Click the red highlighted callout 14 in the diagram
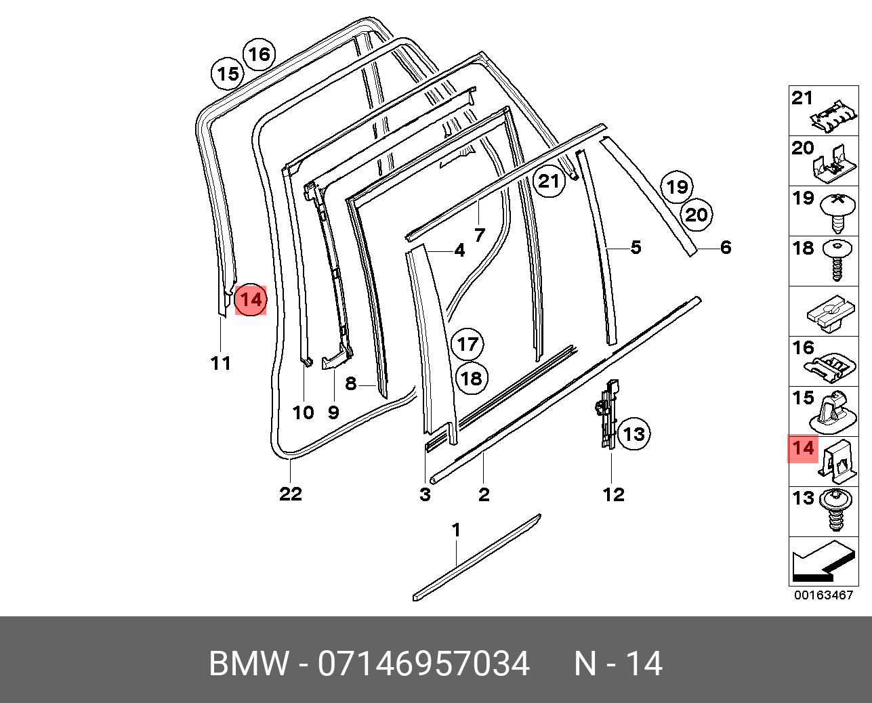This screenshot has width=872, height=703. click(x=251, y=299)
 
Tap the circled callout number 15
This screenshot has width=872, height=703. click(x=228, y=73)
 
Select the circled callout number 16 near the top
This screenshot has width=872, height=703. click(x=259, y=54)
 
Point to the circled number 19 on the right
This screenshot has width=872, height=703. click(x=677, y=186)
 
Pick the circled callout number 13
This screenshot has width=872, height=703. click(x=634, y=433)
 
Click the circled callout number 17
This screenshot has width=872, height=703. click(x=468, y=344)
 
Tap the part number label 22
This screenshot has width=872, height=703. click(x=290, y=494)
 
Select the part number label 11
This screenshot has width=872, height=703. click(x=221, y=364)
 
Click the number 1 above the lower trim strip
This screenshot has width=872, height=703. click(x=457, y=530)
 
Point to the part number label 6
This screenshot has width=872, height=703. click(x=726, y=247)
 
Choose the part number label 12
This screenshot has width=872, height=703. click(x=613, y=494)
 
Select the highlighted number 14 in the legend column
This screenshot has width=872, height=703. click(x=804, y=448)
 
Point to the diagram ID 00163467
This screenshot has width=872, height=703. click(x=823, y=595)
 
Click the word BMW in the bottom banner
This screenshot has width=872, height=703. click(x=249, y=664)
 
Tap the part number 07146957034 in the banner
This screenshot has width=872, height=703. click(x=424, y=664)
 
